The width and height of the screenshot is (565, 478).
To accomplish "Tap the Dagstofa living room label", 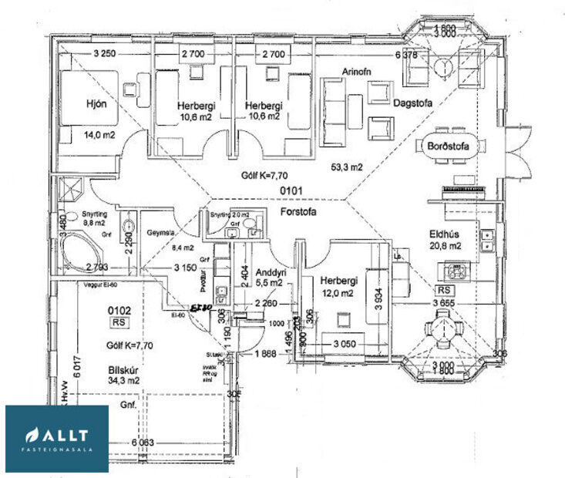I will pyautogui.click(x=412, y=102).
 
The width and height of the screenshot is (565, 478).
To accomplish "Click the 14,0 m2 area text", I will pyautogui.click(x=99, y=134).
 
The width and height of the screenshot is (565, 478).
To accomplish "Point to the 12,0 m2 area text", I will pyautogui.click(x=337, y=293).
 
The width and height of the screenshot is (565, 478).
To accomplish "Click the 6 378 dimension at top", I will pyautogui.click(x=405, y=55).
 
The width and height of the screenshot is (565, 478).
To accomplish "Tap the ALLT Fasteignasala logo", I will pyautogui.click(x=57, y=438).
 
